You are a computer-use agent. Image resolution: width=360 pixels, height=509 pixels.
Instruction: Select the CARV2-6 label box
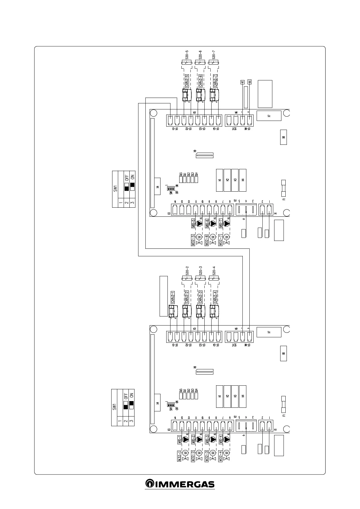[200, 81]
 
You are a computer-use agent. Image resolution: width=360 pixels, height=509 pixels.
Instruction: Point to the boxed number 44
[249, 82]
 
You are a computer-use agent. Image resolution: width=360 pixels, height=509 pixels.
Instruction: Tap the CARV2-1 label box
[173, 297]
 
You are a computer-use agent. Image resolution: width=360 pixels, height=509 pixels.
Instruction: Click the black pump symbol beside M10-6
[213, 224]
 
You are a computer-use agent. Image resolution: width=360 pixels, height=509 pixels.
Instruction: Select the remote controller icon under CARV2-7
[214, 95]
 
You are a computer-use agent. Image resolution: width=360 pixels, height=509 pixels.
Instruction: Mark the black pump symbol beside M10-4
[226, 439]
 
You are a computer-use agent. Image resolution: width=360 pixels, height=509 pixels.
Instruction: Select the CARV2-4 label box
[215, 297]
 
